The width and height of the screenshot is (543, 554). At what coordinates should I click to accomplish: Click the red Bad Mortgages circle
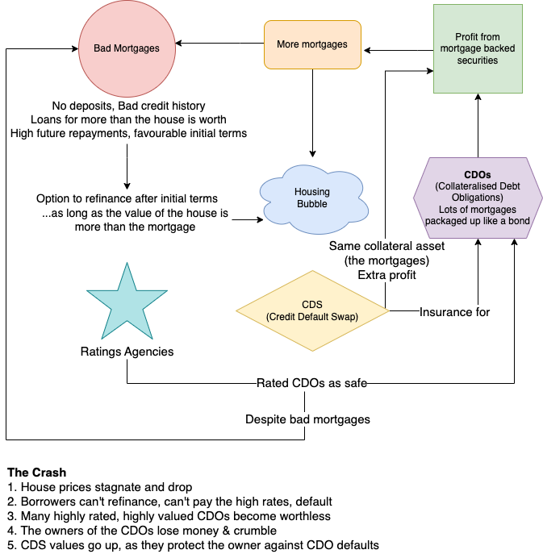click(127, 48)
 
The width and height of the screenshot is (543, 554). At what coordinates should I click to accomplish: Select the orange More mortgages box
click(311, 44)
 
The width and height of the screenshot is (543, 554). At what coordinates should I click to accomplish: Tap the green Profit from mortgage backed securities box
click(477, 48)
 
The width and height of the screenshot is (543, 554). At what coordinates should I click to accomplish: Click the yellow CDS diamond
click(311, 310)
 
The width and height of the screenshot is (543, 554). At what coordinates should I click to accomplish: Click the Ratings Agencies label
click(127, 352)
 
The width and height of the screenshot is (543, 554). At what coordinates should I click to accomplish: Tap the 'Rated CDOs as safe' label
click(311, 383)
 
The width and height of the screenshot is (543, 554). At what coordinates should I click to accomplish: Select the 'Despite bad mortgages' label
click(307, 419)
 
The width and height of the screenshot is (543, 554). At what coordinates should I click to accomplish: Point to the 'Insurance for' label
click(454, 311)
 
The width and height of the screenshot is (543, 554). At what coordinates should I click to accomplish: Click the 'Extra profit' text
click(383, 275)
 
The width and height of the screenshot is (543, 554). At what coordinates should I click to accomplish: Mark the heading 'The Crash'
click(36, 472)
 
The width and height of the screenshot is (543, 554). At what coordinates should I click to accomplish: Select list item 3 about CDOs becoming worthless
click(168, 516)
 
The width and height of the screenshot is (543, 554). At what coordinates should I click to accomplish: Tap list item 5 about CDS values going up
click(192, 545)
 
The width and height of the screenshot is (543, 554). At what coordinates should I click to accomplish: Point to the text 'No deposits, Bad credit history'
click(128, 106)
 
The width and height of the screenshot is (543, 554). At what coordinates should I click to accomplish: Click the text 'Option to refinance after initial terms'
click(127, 198)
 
